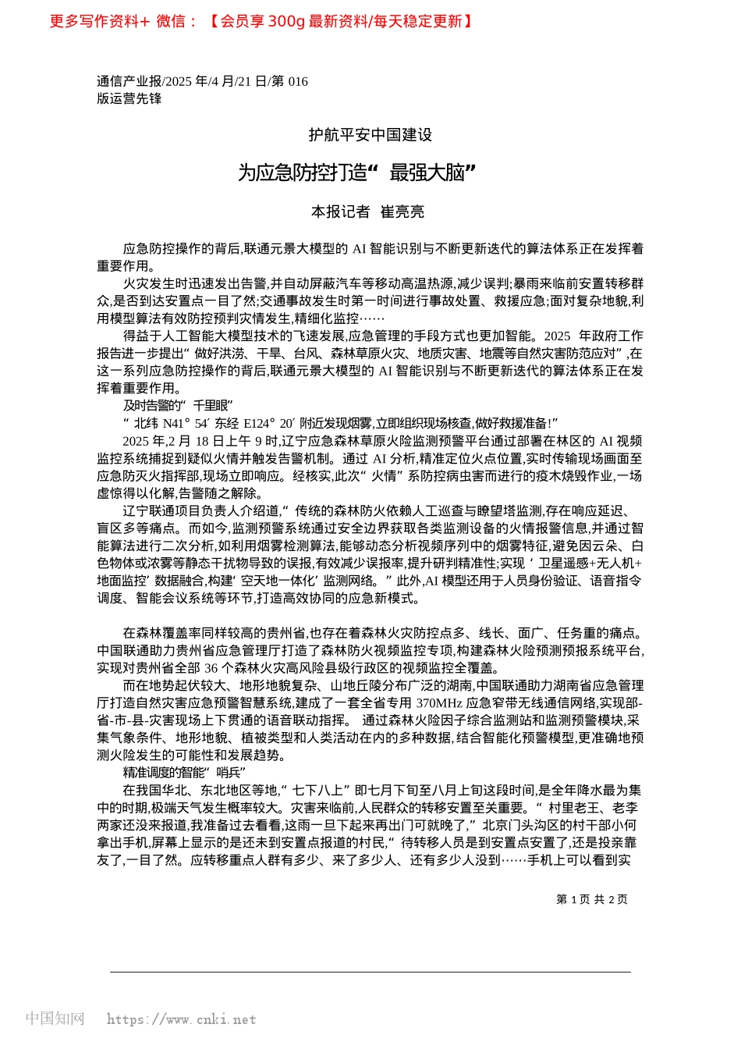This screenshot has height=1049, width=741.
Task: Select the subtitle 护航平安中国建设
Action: click(370, 135)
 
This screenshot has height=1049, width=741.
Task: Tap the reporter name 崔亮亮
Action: click(402, 212)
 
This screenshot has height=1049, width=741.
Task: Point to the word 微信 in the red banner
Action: click(170, 22)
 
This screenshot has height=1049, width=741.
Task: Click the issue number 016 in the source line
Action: click(298, 81)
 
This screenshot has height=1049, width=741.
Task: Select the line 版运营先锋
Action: click(129, 98)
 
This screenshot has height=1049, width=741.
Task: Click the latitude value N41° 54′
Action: click(185, 423)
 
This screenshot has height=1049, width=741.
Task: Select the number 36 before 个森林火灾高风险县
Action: click(211, 668)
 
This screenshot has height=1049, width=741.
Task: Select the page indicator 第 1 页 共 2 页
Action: click(591, 899)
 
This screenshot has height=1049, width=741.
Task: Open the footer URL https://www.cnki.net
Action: click(181, 1019)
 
